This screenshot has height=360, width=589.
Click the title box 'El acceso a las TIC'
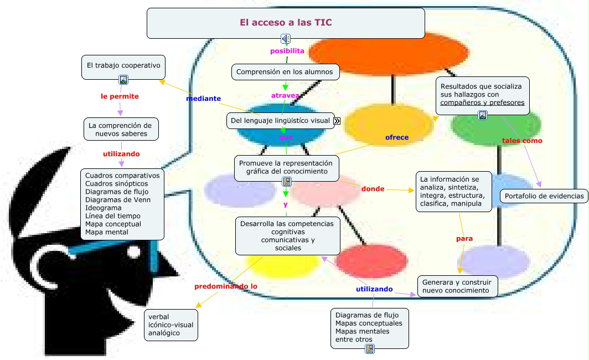pyautogui.click(x=285, y=23)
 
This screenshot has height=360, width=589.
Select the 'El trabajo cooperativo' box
pyautogui.click(x=123, y=65)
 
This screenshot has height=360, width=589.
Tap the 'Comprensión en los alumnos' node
pyautogui.click(x=285, y=72)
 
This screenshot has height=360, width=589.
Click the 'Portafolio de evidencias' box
pyautogui.click(x=544, y=196)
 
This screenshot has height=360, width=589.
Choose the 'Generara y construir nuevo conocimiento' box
pyautogui.click(x=458, y=286)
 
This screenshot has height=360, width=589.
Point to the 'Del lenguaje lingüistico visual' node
pyautogui.click(x=281, y=120)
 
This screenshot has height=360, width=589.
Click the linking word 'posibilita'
pyautogui.click(x=287, y=51)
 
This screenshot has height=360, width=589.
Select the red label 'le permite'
pyautogui.click(x=120, y=96)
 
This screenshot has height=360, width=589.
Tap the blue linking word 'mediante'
pyautogui.click(x=203, y=99)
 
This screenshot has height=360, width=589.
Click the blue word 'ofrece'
pyautogui.click(x=397, y=137)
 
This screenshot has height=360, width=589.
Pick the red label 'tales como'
pyautogui.click(x=522, y=141)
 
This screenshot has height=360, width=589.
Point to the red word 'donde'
pyautogui.click(x=373, y=189)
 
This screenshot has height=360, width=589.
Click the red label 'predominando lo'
pyautogui.click(x=226, y=286)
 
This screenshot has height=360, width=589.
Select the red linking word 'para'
pyautogui.click(x=464, y=239)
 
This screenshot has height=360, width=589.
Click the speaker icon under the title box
pyautogui.click(x=285, y=39)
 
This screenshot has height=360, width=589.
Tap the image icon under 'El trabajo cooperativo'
pyautogui.click(x=123, y=80)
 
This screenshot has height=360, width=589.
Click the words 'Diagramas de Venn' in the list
pyautogui.click(x=117, y=200)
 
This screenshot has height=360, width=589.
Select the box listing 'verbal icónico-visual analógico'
pyautogui.click(x=171, y=325)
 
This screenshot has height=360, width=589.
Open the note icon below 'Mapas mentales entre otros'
pyautogui.click(x=370, y=348)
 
